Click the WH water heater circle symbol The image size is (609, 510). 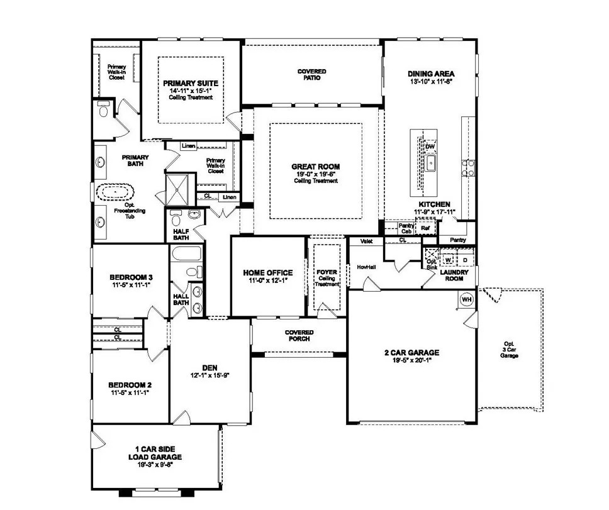tap(467, 299)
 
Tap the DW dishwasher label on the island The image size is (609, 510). tap(430, 147)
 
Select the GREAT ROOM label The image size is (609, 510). tap(315, 167)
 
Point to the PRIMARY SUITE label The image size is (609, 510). tap(190, 83)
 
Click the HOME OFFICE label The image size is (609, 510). tap(268, 273)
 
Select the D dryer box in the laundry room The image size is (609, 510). tap(466, 259)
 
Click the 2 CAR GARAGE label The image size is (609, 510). tap(411, 353)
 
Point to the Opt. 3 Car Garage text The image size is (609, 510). tap(509, 349)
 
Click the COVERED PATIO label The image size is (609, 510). tap(312, 74)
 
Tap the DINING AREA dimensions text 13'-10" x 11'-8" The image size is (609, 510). tap(431, 82)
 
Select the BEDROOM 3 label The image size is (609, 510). tap(131, 277)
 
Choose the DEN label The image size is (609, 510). tap(210, 367)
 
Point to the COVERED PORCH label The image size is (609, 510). tap(299, 335)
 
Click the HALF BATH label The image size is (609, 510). tap(181, 235)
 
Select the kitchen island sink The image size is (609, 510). tap(431, 165)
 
